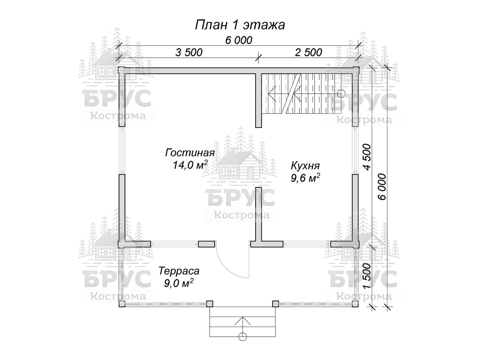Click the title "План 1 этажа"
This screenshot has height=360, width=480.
(240, 25)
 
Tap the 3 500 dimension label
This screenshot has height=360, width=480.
(189, 53)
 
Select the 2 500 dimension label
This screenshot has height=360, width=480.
(308, 52)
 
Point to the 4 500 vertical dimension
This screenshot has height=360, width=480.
(367, 157)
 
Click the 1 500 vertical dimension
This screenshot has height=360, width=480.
(367, 276)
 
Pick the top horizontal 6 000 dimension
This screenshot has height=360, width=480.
(239, 40)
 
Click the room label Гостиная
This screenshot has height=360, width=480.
(190, 153)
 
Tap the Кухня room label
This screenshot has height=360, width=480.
(305, 166)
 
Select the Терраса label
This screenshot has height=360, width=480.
(179, 271)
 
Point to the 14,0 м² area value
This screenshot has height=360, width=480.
(190, 165)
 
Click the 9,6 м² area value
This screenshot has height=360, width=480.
(305, 178)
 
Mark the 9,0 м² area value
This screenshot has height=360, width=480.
(179, 283)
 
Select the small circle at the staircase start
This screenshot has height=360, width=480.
(341, 94)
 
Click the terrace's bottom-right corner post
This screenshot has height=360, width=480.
(355, 304)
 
